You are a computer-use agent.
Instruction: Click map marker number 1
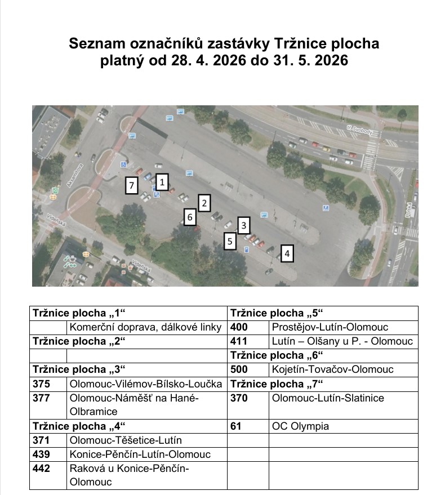point(162,182)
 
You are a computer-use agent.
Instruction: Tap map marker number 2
point(205,202)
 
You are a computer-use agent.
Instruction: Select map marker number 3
point(243,226)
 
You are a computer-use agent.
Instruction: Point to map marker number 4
point(287,254)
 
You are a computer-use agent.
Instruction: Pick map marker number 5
point(229,242)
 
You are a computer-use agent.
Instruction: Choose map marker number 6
point(190,217)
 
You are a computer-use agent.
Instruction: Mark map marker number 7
point(132,185)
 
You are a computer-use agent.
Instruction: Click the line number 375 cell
point(42,384)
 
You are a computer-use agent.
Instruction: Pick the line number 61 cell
point(236,426)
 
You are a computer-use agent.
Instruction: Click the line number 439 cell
point(42,454)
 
